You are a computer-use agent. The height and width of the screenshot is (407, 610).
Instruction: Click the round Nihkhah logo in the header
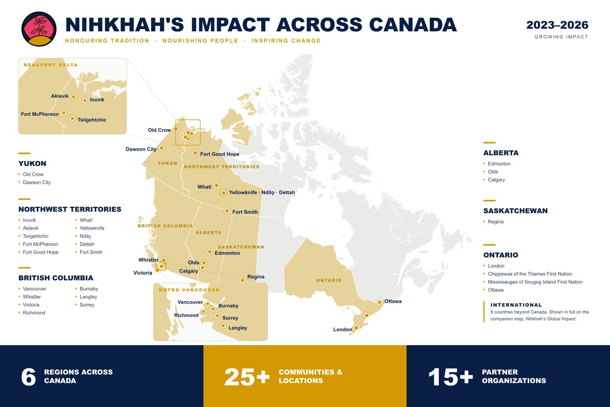tap(39, 29)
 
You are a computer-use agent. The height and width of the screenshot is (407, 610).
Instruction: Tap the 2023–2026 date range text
tap(557, 25)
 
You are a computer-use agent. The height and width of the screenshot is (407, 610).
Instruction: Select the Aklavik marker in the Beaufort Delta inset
tap(74, 97)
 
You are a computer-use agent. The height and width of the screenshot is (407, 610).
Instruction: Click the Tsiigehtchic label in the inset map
tap(92, 120)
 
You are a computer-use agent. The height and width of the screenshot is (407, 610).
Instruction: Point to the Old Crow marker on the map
tap(176, 129)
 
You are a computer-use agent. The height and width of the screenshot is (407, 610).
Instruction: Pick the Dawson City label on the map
tap(141, 149)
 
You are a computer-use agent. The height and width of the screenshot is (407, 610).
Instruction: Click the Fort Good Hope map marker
tap(195, 153)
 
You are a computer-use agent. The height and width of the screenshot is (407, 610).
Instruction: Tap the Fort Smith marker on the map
tap(227, 211)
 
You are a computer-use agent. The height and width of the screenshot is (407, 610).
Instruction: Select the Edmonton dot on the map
tap(210, 252)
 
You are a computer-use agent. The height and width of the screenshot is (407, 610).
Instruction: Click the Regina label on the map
tap(256, 277)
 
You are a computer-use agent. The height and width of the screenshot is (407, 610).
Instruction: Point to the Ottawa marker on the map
tap(379, 302)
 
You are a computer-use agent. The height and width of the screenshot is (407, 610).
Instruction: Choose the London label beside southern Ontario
tap(343, 330)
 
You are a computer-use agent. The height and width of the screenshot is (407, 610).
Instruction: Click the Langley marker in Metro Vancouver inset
tap(223, 326)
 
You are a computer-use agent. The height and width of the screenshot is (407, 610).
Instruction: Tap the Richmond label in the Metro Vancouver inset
tap(186, 315)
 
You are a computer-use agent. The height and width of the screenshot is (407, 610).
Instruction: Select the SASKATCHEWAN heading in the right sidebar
tap(515, 211)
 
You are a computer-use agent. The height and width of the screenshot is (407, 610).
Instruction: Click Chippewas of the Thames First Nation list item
tap(530, 274)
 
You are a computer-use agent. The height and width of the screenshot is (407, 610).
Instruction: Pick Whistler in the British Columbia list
tap(32, 297)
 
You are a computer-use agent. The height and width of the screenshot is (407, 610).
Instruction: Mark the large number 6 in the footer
tap(29, 377)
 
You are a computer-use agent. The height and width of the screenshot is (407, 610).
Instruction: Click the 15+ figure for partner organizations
tap(451, 377)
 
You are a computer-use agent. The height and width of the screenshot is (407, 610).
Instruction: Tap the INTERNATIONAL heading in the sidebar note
tap(516, 305)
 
